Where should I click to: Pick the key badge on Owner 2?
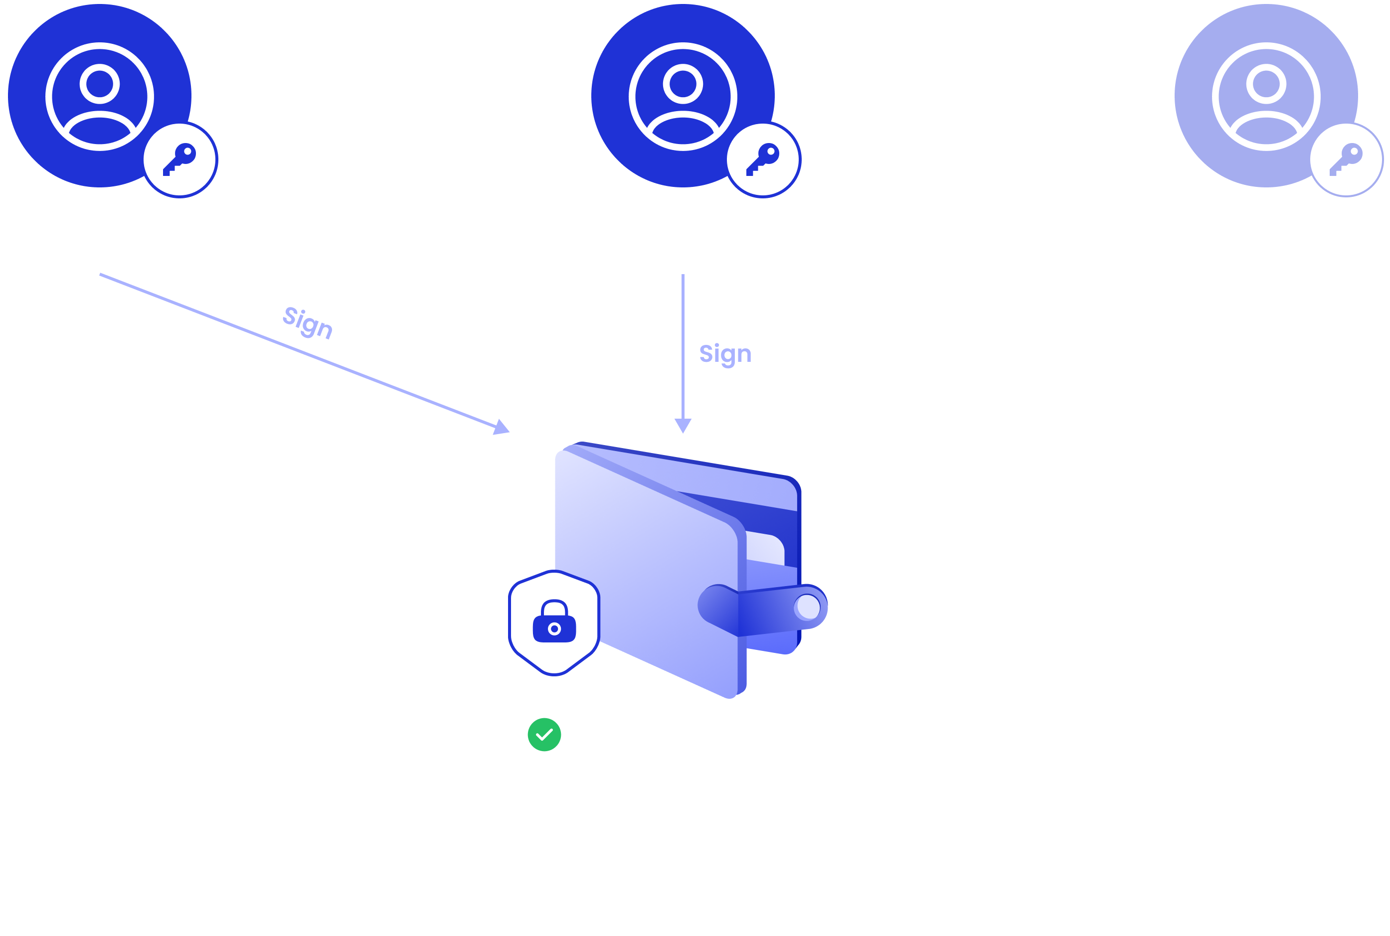point(763,159)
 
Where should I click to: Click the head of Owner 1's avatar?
point(100,84)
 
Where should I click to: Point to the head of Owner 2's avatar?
point(683,84)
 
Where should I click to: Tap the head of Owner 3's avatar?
point(1266,84)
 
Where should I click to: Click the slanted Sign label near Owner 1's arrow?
point(308,322)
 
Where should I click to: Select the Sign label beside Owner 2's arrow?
point(725,354)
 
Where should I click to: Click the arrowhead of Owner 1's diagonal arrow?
point(502,427)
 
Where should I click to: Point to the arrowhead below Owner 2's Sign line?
point(683,426)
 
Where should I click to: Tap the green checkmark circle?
point(544,735)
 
